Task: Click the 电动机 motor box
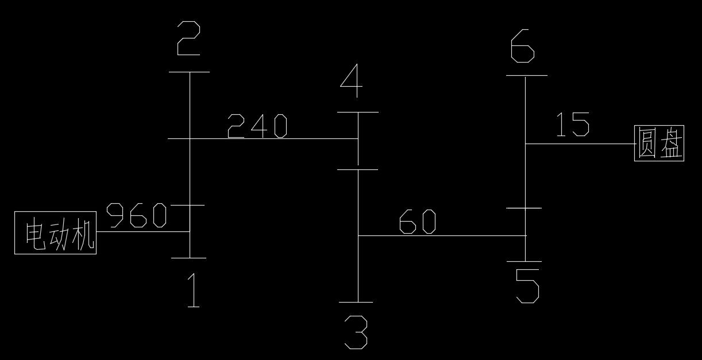55,233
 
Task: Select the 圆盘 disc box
659,143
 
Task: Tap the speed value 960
137,215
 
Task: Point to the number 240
257,126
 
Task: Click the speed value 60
417,222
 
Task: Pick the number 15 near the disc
572,125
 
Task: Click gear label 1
194,291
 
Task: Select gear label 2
188,38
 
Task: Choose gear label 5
527,286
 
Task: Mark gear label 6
523,47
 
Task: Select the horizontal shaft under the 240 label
270,138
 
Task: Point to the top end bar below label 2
190,72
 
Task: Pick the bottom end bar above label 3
356,302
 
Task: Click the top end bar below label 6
526,75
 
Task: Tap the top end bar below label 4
357,112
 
